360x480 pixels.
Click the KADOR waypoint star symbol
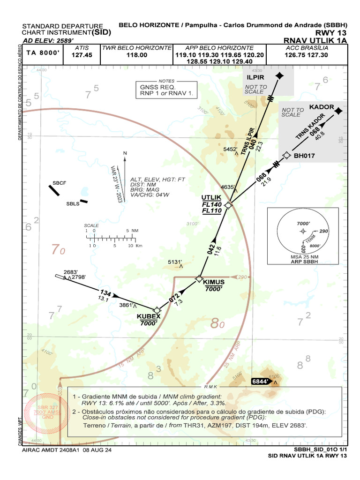click(339, 111)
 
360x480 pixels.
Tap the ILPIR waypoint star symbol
click(279, 75)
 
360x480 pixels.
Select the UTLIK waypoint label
click(211, 197)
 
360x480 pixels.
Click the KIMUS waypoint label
click(214, 282)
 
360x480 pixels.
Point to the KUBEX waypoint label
click(149, 316)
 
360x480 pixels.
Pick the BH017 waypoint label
click(304, 156)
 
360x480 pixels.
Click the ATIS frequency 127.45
click(82, 55)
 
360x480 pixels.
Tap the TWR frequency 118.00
click(137, 55)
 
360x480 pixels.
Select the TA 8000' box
click(43, 53)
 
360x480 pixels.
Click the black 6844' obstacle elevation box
click(260, 382)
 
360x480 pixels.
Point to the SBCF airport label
click(60, 183)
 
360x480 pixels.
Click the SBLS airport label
click(73, 204)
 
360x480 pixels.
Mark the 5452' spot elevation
click(231, 149)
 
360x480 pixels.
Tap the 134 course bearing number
click(105, 292)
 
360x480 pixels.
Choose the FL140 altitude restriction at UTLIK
click(212, 204)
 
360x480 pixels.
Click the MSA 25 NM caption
click(303, 257)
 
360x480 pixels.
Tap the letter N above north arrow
click(125, 153)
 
